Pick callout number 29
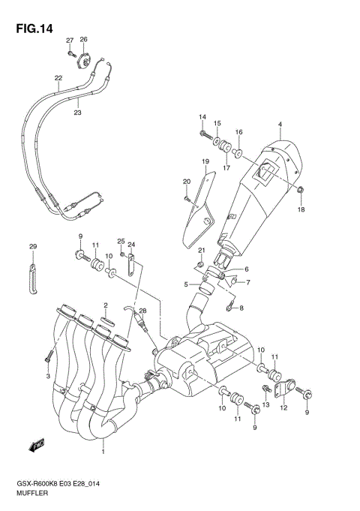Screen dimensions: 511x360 tap(32, 247)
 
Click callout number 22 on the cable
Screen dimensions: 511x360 tap(58, 77)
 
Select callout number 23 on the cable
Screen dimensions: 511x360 tap(77, 113)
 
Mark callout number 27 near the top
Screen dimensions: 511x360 tap(69, 41)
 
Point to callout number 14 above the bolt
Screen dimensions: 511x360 tap(202, 117)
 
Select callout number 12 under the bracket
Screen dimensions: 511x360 tap(283, 408)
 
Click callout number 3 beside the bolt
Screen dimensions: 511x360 tap(47, 375)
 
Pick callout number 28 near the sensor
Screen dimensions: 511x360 tap(143, 311)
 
